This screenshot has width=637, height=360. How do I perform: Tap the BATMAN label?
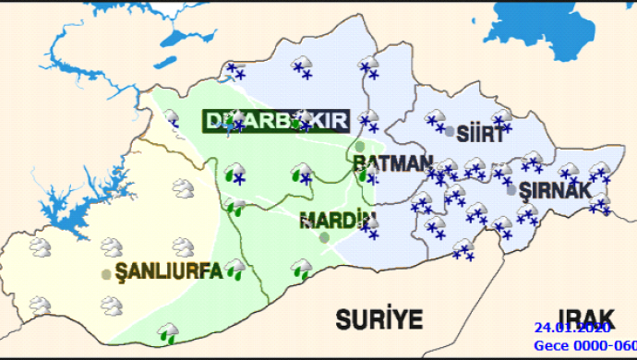click(392, 162)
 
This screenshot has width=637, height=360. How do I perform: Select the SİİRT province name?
click(481, 134)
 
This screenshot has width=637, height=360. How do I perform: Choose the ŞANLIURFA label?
click(169, 271)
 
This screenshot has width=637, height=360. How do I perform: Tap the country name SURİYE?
click(379, 320)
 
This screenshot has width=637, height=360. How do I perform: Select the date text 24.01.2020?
click(571, 329)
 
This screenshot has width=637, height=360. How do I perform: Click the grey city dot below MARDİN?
click(324, 237)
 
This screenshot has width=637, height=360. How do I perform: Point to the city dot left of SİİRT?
click(450, 132)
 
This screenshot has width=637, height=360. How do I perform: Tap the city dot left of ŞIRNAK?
click(511, 191)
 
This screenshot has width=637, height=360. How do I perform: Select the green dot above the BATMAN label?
click(360, 146)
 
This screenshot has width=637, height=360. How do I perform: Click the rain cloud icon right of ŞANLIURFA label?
click(235, 269)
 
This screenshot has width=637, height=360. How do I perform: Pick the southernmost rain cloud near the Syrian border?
click(168, 330)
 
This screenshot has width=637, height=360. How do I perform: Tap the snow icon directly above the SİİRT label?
click(501, 117)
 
